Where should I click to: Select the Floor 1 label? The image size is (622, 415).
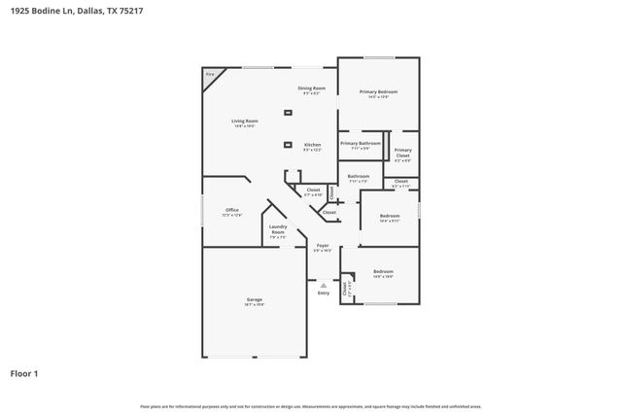tap(24, 373)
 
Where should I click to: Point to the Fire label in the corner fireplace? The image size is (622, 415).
tap(209, 74)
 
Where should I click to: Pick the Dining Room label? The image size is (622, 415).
tap(311, 88)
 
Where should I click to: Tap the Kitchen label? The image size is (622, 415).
tap(312, 145)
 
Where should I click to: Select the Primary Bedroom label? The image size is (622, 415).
tap(378, 91)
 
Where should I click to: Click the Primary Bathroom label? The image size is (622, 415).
tap(360, 144)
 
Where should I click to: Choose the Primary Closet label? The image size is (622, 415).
tap(402, 152)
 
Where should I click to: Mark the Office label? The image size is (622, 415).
tap(231, 210)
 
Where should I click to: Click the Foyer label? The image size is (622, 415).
tap(323, 246)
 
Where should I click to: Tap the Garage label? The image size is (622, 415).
tap(254, 299)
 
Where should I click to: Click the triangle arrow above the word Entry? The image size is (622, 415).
tap(323, 285)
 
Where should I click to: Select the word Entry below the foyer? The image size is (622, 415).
tap(323, 293)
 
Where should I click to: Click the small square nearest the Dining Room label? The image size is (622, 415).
tap(288, 113)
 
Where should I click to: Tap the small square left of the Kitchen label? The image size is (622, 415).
tap(288, 145)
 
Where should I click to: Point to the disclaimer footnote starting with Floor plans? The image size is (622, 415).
tap(310, 406)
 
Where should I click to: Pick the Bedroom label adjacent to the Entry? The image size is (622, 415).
tap(383, 271)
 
